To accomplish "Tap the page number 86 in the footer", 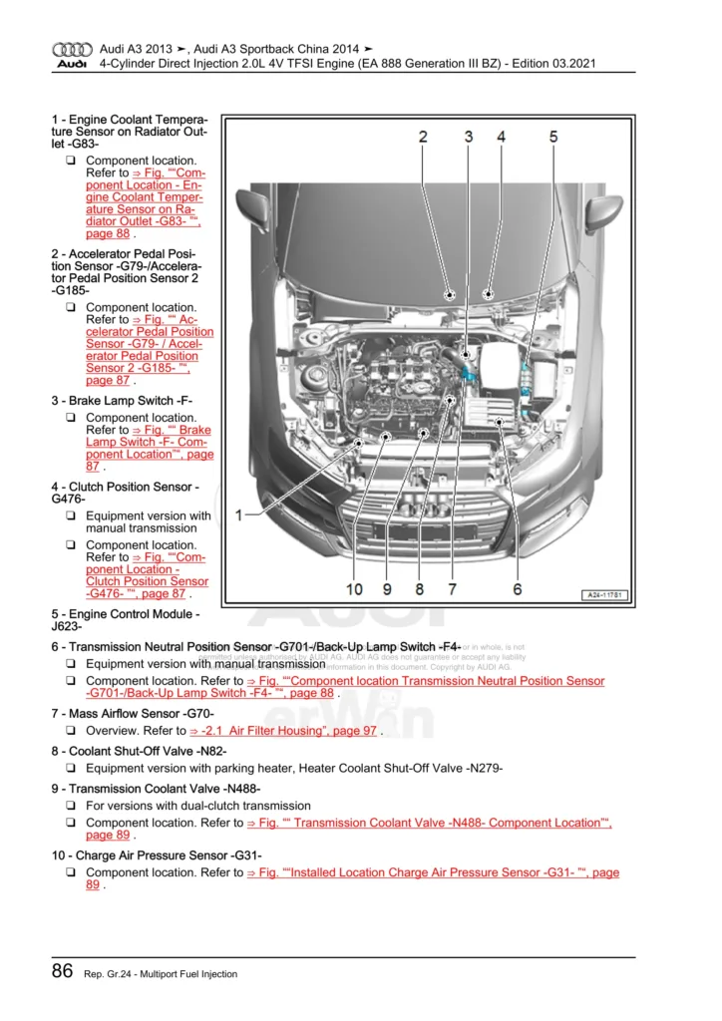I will point(62,971).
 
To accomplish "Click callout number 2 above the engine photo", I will point(423,137).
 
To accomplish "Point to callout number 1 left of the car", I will point(239,514).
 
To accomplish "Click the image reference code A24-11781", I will point(604,595).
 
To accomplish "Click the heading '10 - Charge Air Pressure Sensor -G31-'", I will point(156,855).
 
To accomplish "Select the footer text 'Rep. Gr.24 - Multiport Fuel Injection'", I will point(160,974).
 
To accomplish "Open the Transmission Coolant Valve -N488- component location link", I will point(429,823).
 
